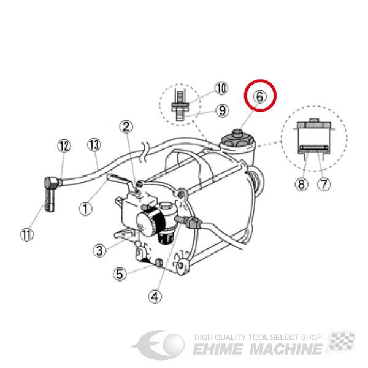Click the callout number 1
click(85, 209)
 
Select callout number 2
click(126, 127)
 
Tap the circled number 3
click(100, 250)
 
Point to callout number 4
click(155, 297)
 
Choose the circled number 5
click(120, 274)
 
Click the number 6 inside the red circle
click(260, 97)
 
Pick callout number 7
click(324, 184)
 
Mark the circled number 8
click(302, 184)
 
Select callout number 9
click(222, 110)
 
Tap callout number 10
click(221, 88)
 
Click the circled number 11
click(27, 234)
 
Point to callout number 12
click(64, 146)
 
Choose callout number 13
click(94, 145)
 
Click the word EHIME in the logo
click(218, 349)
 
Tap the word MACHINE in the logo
click(286, 349)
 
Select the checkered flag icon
click(342, 341)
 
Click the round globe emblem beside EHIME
click(174, 345)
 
